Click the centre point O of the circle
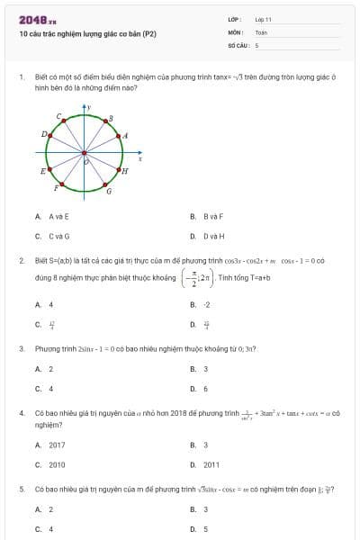85,152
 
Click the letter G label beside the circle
109,192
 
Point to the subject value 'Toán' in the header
261,31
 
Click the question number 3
21,347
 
